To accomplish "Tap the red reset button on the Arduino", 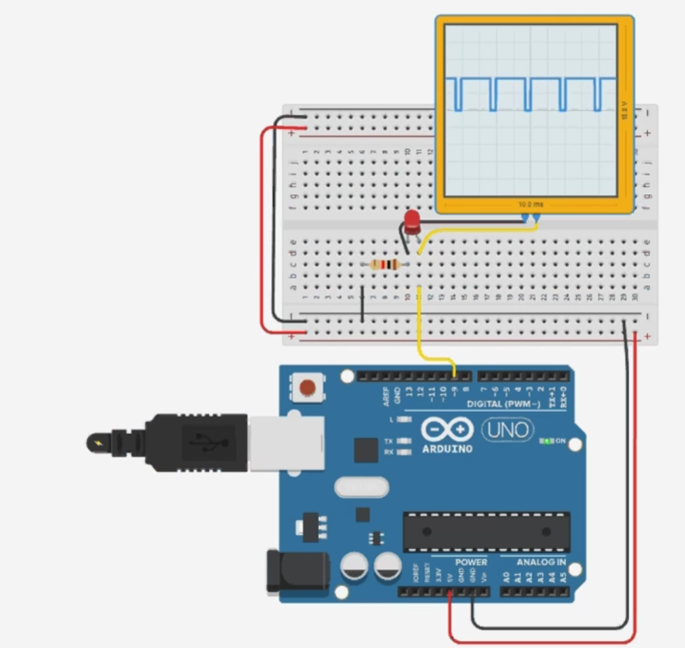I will click(307, 388).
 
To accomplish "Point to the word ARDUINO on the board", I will click(447, 449).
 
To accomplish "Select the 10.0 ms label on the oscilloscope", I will click(530, 205).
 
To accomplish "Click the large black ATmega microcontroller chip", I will click(486, 531).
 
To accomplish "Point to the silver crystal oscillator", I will click(361, 487).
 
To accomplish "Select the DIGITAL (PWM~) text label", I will click(502, 404).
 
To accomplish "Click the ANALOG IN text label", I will click(541, 562).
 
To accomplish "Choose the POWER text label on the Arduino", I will click(471, 562).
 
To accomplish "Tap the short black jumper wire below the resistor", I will click(362, 304).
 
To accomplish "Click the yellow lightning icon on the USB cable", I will click(99, 443).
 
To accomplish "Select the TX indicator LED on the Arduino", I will click(404, 441).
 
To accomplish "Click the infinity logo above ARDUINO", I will click(447, 430).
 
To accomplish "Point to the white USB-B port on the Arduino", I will click(286, 443).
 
